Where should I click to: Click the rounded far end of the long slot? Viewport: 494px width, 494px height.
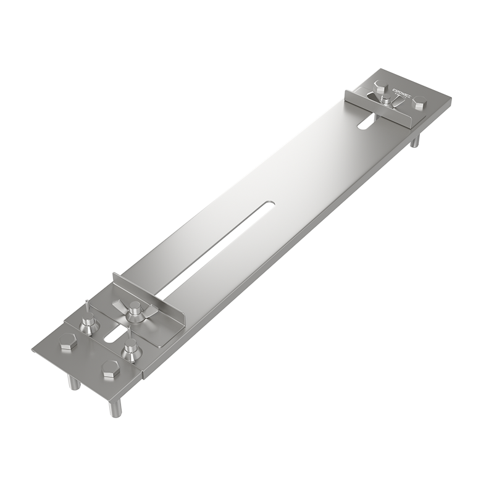pos(269,204)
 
